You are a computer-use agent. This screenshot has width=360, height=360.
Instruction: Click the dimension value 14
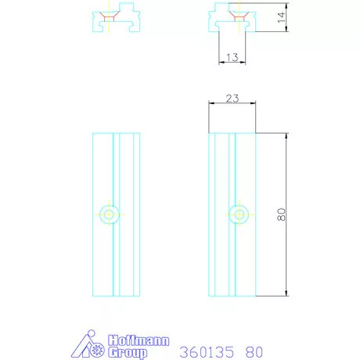pos(281,17)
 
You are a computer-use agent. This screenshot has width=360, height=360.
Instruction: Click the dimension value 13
pos(232,57)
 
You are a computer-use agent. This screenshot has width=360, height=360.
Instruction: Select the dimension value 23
pos(232,99)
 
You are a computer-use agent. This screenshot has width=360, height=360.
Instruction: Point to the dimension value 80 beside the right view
pos(282,214)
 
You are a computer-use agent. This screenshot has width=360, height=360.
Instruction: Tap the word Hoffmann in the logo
pos(139,340)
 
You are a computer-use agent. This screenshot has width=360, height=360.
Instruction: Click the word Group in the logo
pos(128,353)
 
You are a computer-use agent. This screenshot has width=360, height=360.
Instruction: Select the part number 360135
pos(207,352)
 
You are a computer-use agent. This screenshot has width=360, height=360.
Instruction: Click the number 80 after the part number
pos(254,352)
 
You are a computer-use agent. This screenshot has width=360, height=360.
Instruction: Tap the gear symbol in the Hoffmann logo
pos(98,350)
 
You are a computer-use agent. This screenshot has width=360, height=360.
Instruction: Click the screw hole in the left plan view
pos(109,214)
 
